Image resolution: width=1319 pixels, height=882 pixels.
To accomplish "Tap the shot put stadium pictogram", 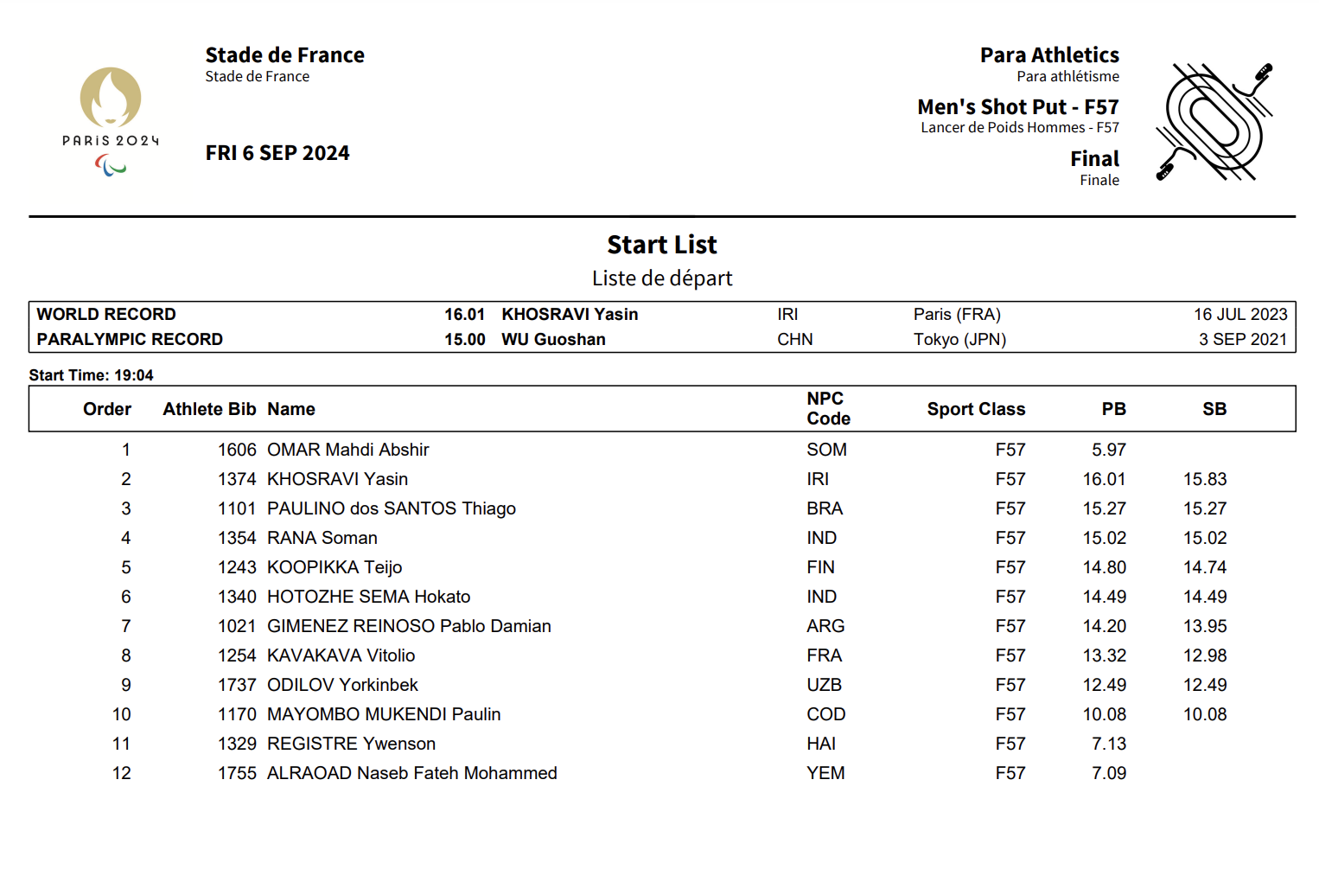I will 1214,122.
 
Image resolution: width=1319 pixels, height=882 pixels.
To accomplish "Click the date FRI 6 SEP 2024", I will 277,153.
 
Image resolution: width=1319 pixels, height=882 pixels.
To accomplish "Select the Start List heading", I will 661,245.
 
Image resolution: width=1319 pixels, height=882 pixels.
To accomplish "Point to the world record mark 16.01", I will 464,314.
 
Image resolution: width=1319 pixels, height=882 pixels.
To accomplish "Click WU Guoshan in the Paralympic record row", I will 553,339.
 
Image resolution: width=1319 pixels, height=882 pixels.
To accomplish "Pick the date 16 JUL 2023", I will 1239,314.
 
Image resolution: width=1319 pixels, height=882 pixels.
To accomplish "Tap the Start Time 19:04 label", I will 91,375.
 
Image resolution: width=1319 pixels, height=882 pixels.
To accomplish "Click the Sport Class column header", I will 976,409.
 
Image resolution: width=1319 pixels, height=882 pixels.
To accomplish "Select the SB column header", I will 1214,409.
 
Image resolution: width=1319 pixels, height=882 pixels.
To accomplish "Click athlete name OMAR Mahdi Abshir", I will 347,450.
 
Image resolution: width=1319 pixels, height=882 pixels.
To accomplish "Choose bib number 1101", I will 237,508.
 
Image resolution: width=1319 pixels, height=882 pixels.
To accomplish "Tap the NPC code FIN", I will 820,567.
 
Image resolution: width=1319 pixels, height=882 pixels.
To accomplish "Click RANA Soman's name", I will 322,538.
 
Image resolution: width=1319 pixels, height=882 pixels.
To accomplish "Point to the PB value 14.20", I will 1104,626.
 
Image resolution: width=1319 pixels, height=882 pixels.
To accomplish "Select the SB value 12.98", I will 1204,655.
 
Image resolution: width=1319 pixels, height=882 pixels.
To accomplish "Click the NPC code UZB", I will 824,685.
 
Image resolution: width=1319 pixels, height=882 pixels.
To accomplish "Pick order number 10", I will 121,714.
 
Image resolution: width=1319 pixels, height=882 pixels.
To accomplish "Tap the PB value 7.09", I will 1108,773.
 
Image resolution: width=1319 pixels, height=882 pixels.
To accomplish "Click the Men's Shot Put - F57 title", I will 1017,107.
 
